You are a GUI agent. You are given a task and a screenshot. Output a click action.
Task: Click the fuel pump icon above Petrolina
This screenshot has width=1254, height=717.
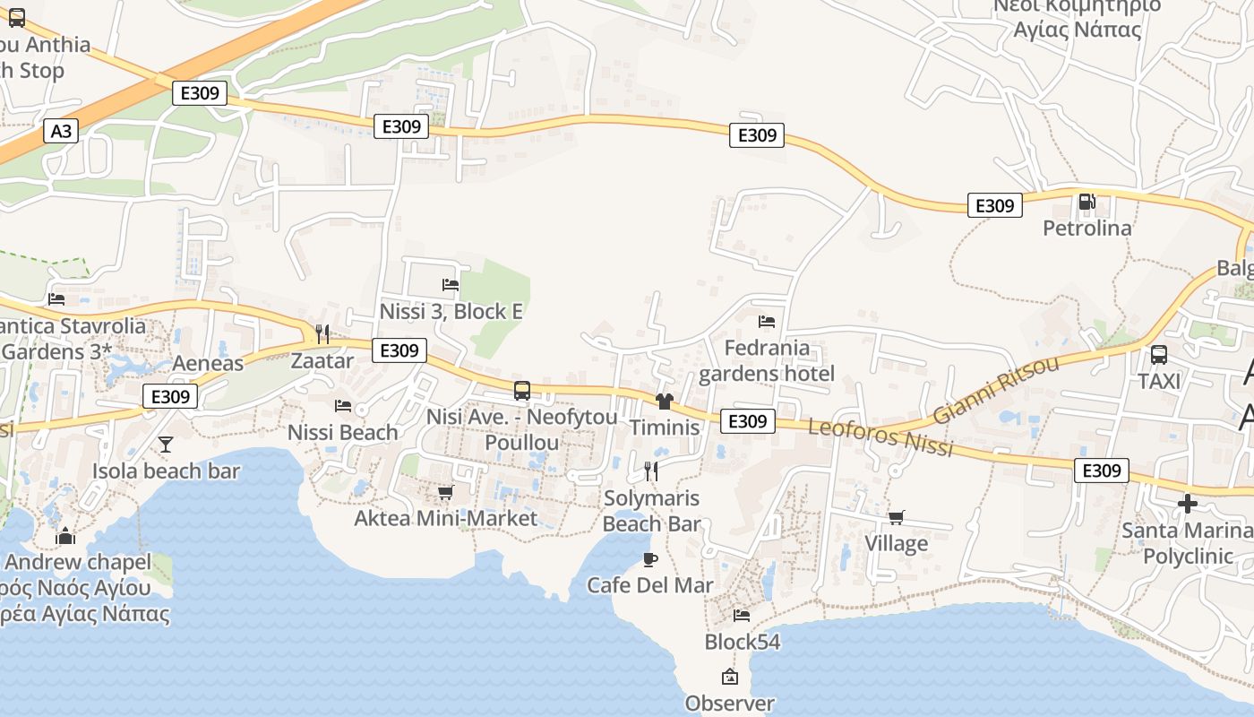pos(1087,202)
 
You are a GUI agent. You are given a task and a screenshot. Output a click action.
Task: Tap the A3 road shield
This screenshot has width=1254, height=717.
pos(60,132)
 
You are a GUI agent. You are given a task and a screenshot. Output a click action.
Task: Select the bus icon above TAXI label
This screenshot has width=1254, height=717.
pos(1159,355)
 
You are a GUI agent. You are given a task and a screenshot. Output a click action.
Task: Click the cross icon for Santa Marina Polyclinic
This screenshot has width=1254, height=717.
pos(1188,504)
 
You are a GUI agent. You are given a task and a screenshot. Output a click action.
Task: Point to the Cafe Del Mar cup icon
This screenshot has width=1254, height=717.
pos(650,560)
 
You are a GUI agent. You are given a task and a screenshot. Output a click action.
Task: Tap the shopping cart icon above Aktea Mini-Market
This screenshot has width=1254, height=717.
pos(445,493)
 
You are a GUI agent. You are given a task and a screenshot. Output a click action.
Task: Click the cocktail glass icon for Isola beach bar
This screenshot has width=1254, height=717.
pos(166,445)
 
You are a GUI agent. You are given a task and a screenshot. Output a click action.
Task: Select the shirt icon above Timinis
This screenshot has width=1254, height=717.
pos(664,402)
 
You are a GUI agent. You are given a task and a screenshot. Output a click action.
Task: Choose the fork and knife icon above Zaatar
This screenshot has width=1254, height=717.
pos(322,334)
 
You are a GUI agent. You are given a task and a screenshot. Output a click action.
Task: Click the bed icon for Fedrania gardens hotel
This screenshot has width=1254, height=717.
pos(766,322)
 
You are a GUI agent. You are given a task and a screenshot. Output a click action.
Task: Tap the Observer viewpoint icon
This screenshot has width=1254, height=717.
pos(729,678)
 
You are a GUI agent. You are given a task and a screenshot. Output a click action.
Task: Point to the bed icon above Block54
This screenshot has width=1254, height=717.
pos(742,616)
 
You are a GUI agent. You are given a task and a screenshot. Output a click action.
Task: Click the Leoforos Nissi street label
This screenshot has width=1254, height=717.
pos(880,436)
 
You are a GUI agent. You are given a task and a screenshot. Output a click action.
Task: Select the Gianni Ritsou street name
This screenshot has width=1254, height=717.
pos(995,390)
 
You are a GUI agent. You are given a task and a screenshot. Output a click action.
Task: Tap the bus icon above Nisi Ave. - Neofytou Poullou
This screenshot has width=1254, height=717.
pos(522,391)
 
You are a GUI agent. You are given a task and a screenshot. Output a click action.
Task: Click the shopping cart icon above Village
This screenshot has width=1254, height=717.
pos(896,517)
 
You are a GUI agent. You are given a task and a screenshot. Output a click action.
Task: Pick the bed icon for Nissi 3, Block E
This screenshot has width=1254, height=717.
pos(451,285)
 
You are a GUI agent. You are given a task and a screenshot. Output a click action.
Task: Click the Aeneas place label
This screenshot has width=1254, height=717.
pos(208,363)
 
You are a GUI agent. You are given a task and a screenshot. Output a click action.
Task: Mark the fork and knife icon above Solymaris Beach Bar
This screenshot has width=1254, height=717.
pos(651,471)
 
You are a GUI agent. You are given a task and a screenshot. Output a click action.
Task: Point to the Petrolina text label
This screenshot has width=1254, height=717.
pos(1087,229)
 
